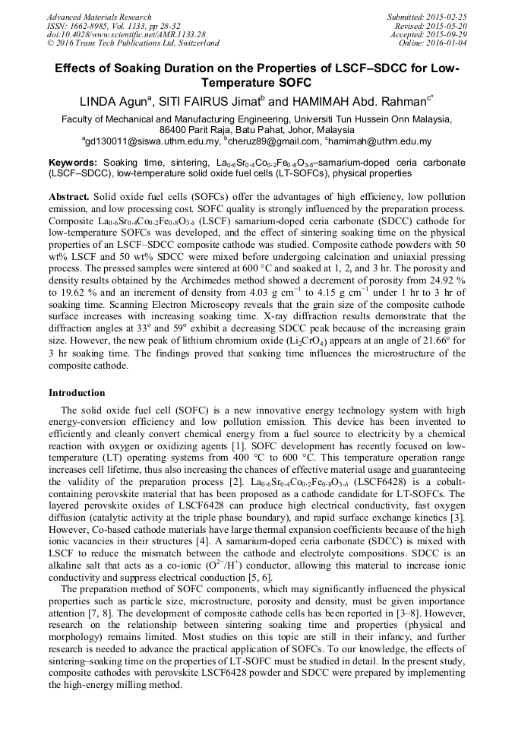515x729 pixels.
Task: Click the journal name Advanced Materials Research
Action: pyautogui.click(x=99, y=17)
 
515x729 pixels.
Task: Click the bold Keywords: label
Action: pyautogui.click(x=73, y=163)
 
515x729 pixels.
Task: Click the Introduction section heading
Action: pyautogui.click(x=77, y=393)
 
